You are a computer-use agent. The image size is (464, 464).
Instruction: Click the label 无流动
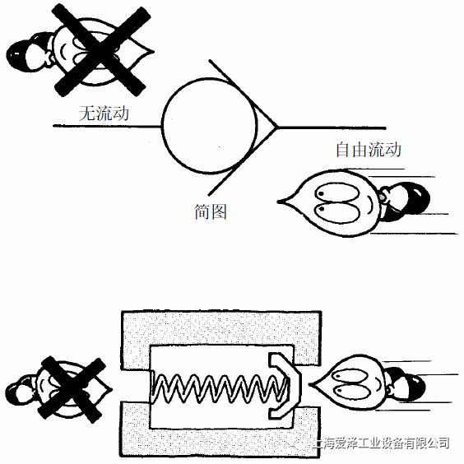click(x=104, y=113)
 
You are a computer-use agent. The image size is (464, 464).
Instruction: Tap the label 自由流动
click(x=369, y=150)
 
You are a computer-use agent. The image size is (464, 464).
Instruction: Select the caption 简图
click(x=211, y=211)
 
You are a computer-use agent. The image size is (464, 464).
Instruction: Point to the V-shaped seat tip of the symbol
click(x=277, y=128)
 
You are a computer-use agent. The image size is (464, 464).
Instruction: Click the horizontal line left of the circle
click(x=108, y=126)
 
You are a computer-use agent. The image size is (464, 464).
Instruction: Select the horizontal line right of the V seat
click(x=332, y=128)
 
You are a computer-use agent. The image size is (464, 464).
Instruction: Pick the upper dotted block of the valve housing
click(x=221, y=327)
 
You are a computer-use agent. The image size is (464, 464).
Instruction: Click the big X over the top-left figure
click(x=100, y=51)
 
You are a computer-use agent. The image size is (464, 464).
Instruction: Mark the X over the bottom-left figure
click(x=72, y=388)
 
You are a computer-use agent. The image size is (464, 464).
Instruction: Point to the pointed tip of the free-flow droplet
click(x=278, y=202)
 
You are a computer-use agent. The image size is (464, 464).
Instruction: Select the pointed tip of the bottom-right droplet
click(x=309, y=385)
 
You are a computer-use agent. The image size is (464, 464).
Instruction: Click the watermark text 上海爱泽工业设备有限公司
click(x=381, y=443)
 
